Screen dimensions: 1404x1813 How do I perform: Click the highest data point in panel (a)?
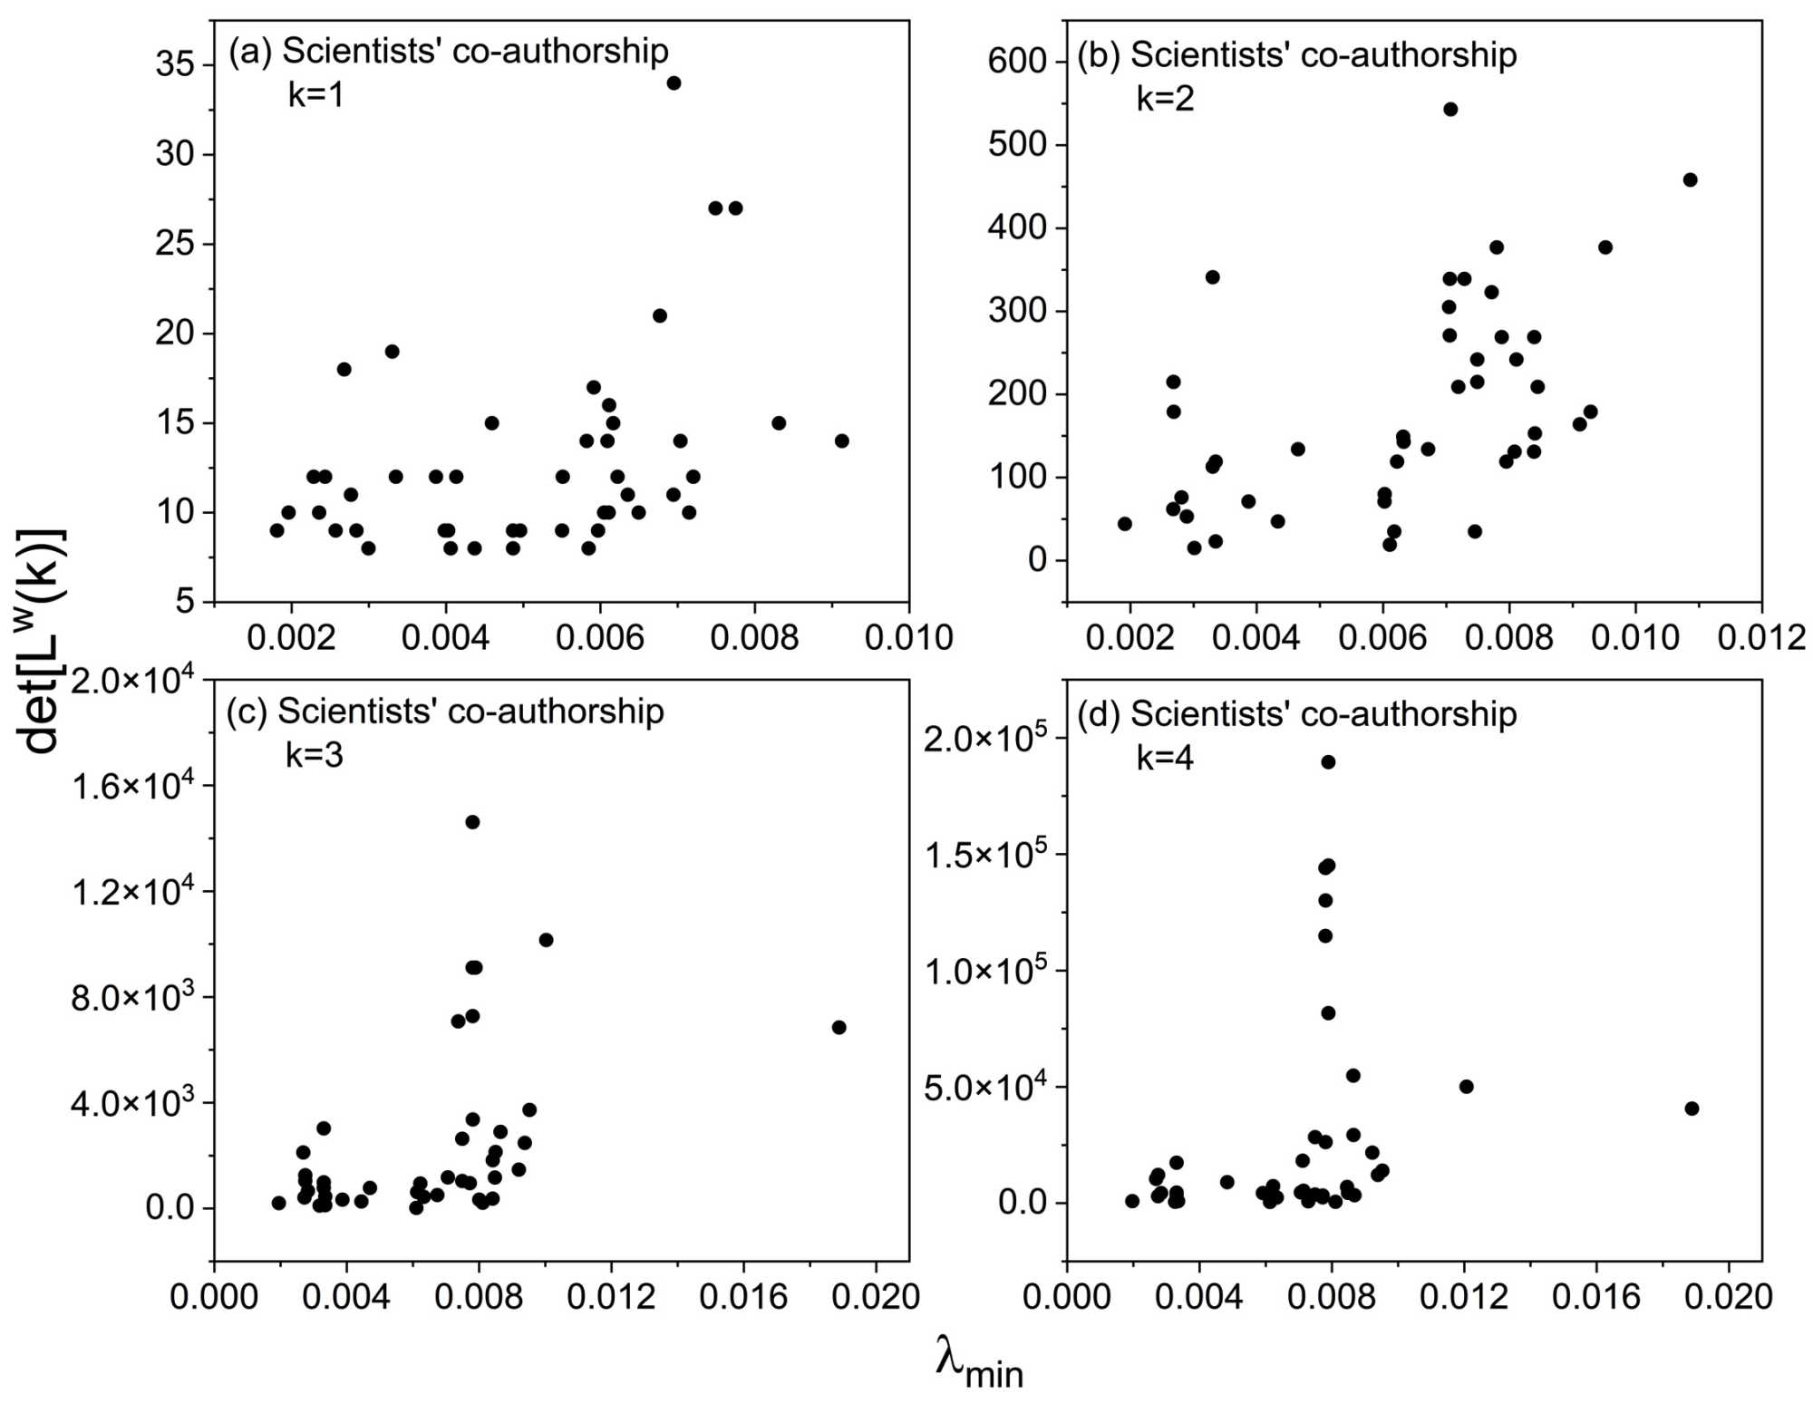click(x=674, y=83)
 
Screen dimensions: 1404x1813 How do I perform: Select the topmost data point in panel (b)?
click(x=1450, y=110)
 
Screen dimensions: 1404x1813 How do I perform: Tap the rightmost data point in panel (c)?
click(x=839, y=1027)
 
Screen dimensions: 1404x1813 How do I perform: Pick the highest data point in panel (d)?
click(x=1328, y=762)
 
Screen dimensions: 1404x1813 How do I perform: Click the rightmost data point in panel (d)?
click(x=1692, y=1109)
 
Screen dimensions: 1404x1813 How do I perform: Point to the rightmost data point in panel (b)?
click(x=1690, y=179)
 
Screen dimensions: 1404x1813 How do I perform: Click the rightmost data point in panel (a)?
click(x=842, y=441)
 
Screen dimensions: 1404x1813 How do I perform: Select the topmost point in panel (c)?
click(x=472, y=822)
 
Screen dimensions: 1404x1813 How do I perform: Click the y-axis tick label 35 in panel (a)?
click(x=174, y=64)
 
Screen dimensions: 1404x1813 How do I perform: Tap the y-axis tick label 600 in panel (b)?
click(x=1017, y=61)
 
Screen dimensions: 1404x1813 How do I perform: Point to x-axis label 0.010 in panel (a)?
click(x=908, y=637)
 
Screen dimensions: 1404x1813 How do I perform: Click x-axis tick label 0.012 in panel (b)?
click(x=1761, y=637)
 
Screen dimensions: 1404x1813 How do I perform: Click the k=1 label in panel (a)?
click(x=315, y=95)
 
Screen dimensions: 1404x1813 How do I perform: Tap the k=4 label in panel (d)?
click(x=1165, y=758)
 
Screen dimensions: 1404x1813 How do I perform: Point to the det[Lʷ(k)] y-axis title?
click(x=41, y=641)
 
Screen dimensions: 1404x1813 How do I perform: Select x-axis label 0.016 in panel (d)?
click(x=1595, y=1297)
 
